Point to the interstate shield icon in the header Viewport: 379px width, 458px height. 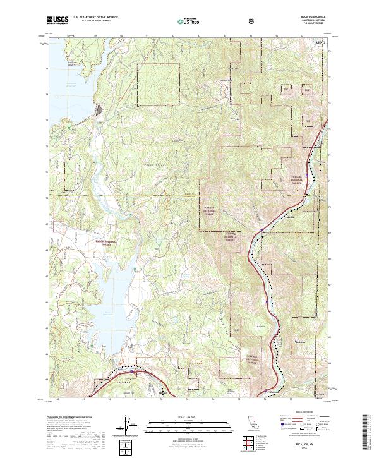point(253,20)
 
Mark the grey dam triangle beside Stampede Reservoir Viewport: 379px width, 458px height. point(100,110)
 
